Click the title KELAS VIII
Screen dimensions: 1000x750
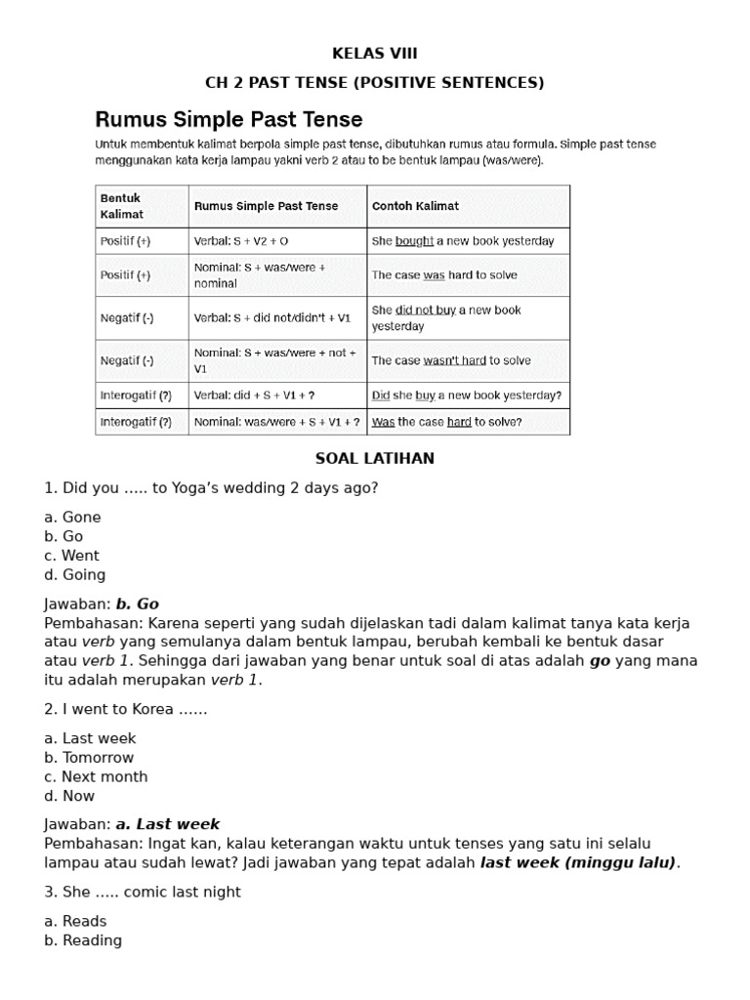click(375, 53)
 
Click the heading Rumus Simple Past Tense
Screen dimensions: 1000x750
click(229, 119)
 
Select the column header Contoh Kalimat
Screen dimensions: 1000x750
click(415, 206)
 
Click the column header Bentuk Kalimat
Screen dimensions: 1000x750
click(122, 206)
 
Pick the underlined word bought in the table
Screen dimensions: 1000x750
click(414, 240)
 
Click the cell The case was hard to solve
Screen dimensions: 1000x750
click(444, 275)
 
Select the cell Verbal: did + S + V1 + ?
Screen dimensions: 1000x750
click(255, 396)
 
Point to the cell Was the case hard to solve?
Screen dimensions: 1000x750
click(446, 422)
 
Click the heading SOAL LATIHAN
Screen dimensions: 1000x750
click(375, 458)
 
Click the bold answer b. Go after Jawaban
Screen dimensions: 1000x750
click(137, 604)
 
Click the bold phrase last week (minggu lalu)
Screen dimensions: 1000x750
click(578, 861)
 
